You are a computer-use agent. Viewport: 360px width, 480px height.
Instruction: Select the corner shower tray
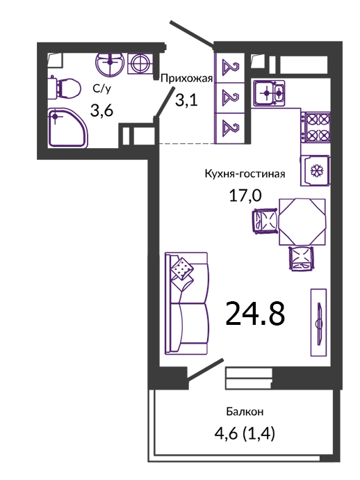(68, 128)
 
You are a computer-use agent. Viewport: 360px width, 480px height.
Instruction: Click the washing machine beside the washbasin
(140, 64)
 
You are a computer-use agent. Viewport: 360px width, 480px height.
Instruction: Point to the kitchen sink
(268, 93)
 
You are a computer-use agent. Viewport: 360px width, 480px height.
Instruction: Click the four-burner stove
(316, 127)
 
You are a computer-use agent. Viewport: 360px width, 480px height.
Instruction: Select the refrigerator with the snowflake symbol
(315, 170)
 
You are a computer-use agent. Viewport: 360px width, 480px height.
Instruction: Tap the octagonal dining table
(302, 222)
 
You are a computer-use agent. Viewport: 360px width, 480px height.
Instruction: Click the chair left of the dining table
(265, 221)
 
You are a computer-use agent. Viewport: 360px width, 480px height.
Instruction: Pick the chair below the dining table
(302, 258)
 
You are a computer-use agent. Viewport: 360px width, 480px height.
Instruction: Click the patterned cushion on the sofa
(182, 268)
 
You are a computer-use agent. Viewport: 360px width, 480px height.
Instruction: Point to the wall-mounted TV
(319, 322)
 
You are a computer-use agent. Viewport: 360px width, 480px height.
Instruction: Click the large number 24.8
(255, 314)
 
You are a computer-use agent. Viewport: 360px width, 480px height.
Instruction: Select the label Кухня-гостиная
(245, 174)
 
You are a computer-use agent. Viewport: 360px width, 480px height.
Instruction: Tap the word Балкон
(245, 412)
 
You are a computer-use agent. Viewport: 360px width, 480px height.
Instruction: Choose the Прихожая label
(186, 79)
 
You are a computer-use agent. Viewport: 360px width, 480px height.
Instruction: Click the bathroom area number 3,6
(101, 110)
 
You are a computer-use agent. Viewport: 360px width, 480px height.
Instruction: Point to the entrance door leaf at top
(192, 35)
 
